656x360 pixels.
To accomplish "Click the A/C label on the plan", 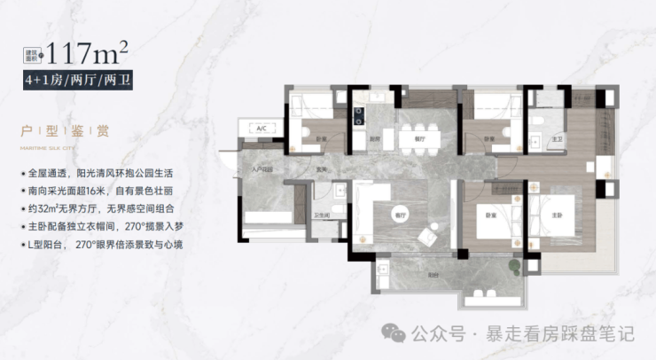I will [262, 129].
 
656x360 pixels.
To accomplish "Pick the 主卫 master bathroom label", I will [558, 139].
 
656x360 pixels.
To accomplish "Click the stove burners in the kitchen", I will [359, 113].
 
